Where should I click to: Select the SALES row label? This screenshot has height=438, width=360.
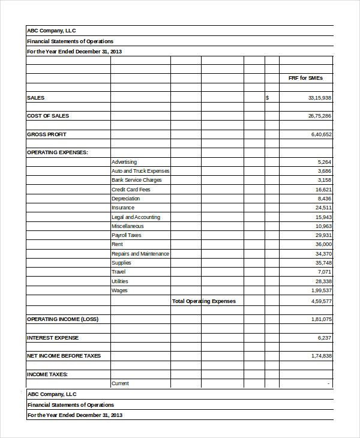pos(36,97)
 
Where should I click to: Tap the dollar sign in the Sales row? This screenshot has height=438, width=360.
pos(267,97)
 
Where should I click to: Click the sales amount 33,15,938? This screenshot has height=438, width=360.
pos(319,97)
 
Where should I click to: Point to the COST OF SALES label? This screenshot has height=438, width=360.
pos(48,116)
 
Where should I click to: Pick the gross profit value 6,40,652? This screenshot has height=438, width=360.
pos(321,134)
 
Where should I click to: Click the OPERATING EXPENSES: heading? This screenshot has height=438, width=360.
pos(58,152)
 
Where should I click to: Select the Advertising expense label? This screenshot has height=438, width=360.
pos(124,162)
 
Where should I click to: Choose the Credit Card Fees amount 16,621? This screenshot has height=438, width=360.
pos(323,190)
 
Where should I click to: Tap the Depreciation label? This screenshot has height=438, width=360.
pos(125,199)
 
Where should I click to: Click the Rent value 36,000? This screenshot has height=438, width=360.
pos(323,245)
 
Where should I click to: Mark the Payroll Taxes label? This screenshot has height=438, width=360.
pos(126,235)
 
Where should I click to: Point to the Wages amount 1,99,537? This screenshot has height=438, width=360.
pos(321,290)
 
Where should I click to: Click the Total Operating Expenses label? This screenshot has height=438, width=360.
pos(204,301)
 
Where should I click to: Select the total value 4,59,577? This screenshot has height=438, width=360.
pos(321,301)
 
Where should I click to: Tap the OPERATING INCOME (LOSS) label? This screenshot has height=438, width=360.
pos(62,319)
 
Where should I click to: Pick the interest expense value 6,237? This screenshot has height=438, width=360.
pos(324,338)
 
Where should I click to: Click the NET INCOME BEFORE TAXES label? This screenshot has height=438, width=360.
pos(64,356)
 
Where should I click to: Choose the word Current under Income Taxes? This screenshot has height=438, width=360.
pos(120,383)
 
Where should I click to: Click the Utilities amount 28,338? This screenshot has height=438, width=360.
pos(323,281)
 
